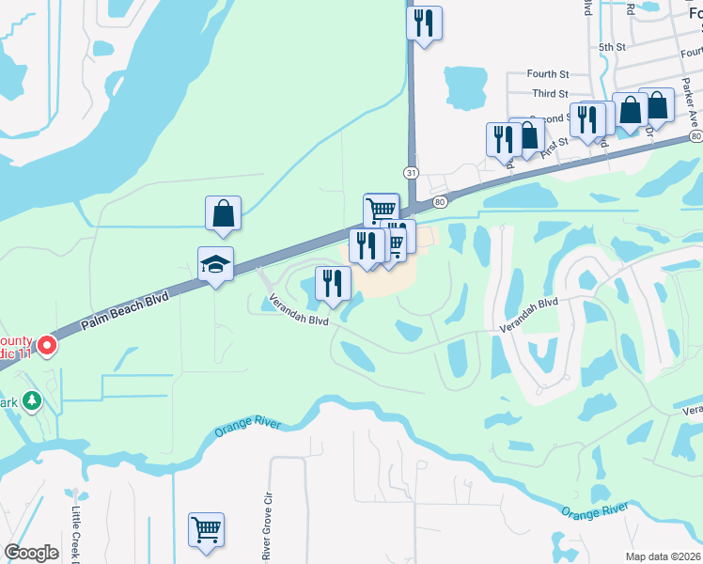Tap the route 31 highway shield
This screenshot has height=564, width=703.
[411, 172]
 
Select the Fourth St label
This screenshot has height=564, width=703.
[548, 73]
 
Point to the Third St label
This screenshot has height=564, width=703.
[550, 94]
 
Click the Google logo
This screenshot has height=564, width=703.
[31, 553]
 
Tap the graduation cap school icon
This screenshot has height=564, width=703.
[215, 265]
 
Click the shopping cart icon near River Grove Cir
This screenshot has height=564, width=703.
[206, 528]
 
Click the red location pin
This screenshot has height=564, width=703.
[44, 348]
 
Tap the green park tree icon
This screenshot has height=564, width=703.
[32, 401]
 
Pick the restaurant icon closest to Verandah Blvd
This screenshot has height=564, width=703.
[333, 283]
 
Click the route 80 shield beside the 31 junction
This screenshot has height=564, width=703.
[439, 201]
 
